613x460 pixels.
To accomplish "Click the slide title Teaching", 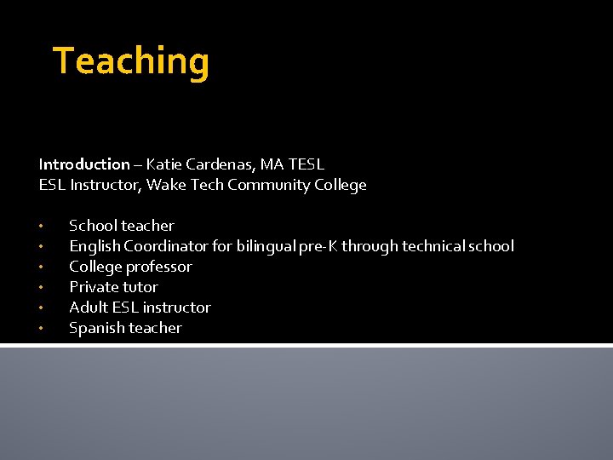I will (x=131, y=62).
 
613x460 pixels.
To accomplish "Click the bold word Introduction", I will (x=83, y=164).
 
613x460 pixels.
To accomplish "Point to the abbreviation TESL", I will (x=306, y=164).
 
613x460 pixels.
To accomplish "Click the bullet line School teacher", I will (x=121, y=226).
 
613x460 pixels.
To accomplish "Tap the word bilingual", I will (x=267, y=246).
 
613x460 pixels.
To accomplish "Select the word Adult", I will (x=89, y=308).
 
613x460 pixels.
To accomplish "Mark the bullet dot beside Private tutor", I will (x=40, y=288).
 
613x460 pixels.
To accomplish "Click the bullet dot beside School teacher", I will (x=40, y=227).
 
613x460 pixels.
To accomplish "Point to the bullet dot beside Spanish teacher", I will (x=40, y=329).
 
